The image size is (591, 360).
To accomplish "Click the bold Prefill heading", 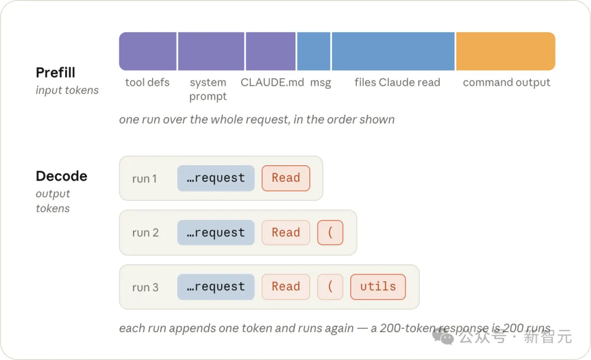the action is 55,72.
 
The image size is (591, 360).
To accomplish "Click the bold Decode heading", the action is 61,176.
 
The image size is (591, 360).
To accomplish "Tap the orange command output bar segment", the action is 506,51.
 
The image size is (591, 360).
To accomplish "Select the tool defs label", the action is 147,82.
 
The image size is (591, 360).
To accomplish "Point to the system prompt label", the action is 208,89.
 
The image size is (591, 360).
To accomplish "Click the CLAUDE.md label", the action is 272,82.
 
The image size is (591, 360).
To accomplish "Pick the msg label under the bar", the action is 321,83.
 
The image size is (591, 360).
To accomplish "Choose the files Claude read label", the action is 397,82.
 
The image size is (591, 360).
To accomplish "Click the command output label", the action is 507,82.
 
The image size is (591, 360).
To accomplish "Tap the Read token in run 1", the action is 286,178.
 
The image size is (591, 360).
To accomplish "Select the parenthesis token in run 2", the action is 330,233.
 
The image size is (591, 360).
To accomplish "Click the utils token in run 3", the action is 378,287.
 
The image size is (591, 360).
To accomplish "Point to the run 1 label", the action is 144,179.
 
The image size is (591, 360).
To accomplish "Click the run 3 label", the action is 145,287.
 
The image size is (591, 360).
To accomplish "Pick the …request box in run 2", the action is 216,233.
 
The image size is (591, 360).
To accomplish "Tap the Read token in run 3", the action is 286,287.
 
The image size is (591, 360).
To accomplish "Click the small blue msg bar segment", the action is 314,51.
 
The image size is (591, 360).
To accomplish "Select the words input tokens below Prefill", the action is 67,90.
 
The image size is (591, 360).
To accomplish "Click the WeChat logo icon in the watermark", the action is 443,335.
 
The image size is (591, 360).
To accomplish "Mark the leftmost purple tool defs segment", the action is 148,51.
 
